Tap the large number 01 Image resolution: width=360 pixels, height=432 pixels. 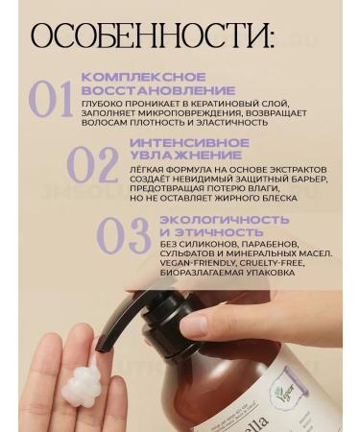click(52, 101)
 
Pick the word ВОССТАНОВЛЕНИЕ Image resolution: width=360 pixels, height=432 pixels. click(145, 89)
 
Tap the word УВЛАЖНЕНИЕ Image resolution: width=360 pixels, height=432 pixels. click(168, 155)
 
